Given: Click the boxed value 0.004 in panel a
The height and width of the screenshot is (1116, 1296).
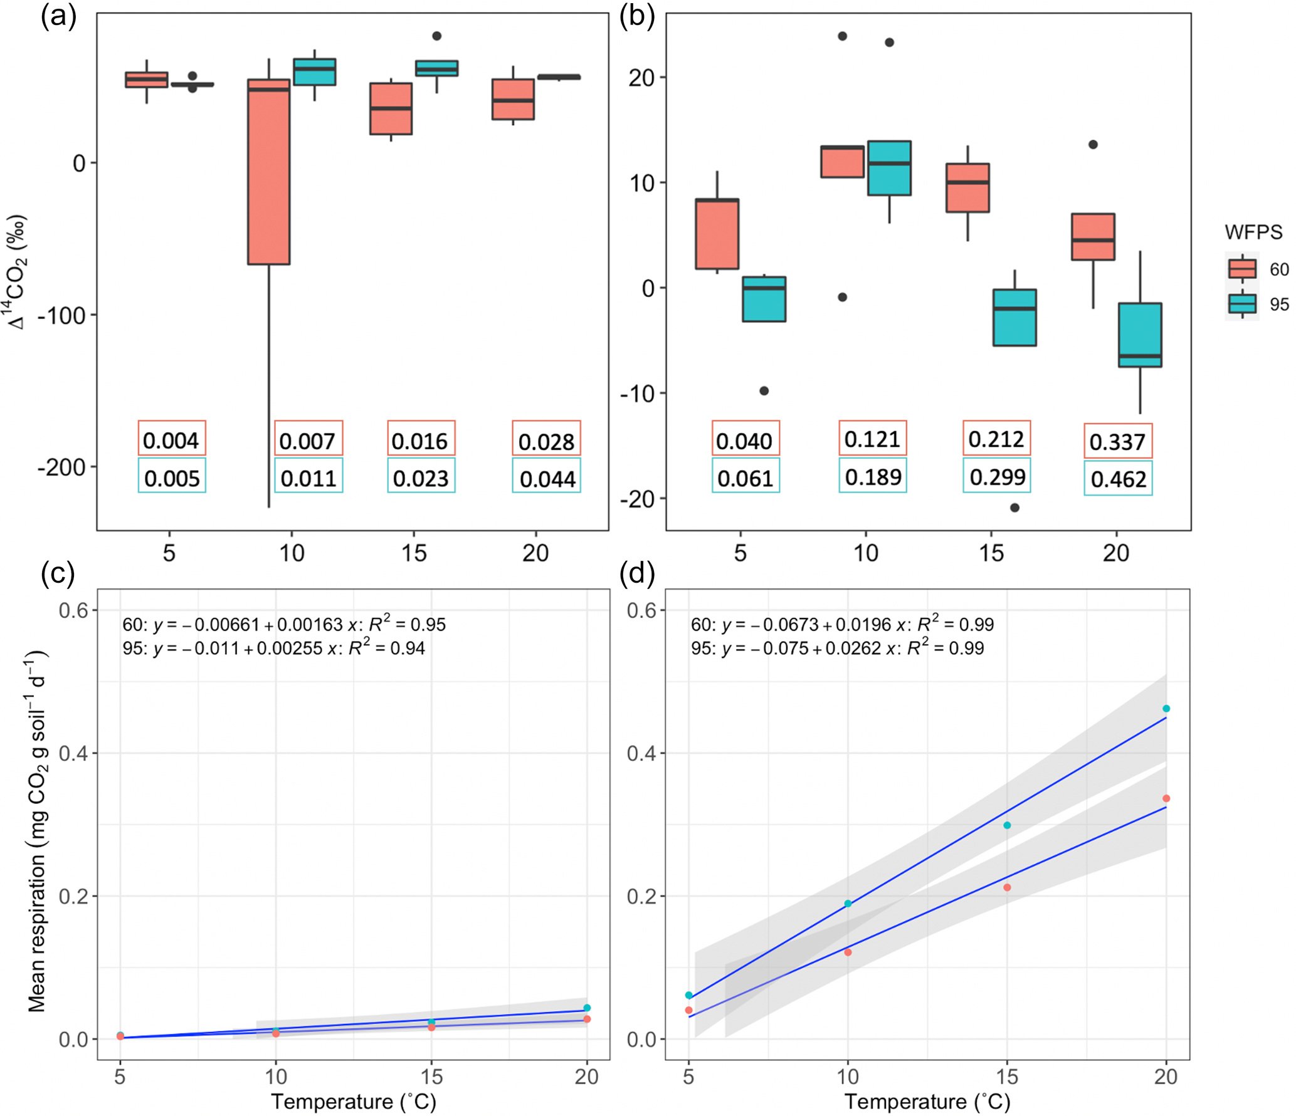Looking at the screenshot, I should [x=171, y=441].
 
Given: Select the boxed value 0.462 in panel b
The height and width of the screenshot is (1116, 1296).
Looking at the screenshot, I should [x=1118, y=479].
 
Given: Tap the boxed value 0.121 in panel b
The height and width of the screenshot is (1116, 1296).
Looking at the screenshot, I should [x=872, y=439].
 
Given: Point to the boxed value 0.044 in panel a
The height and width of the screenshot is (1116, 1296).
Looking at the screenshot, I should [x=547, y=479].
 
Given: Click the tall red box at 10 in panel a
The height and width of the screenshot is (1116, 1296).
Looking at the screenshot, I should [x=269, y=172].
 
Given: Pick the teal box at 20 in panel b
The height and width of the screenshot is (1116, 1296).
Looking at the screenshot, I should [x=1140, y=335].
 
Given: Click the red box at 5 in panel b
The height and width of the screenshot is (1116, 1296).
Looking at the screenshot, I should [x=717, y=234].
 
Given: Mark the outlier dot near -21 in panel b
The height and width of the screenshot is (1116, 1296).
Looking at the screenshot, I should [x=1014, y=508].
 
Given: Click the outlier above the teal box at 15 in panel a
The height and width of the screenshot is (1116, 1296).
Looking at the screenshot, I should [x=437, y=36].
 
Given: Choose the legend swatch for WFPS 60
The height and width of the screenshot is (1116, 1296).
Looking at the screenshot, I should [x=1242, y=269].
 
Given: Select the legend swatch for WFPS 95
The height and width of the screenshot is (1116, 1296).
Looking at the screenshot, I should [x=1242, y=304].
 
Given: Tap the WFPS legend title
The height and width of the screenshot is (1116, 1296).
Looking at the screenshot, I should [x=1253, y=232].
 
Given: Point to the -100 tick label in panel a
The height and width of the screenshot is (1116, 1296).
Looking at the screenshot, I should [x=61, y=315].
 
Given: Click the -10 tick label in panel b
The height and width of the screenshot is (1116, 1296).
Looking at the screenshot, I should [x=637, y=394].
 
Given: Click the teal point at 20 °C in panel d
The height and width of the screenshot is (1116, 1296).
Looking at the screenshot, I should [x=1166, y=709].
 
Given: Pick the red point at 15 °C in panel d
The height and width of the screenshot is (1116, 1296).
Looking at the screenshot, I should [x=1007, y=887].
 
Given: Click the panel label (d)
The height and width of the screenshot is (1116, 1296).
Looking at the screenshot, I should [x=637, y=573].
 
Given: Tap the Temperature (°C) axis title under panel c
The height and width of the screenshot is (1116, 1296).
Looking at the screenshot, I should [x=353, y=1101].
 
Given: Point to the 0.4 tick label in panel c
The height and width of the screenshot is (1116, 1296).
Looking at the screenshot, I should [x=73, y=753].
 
